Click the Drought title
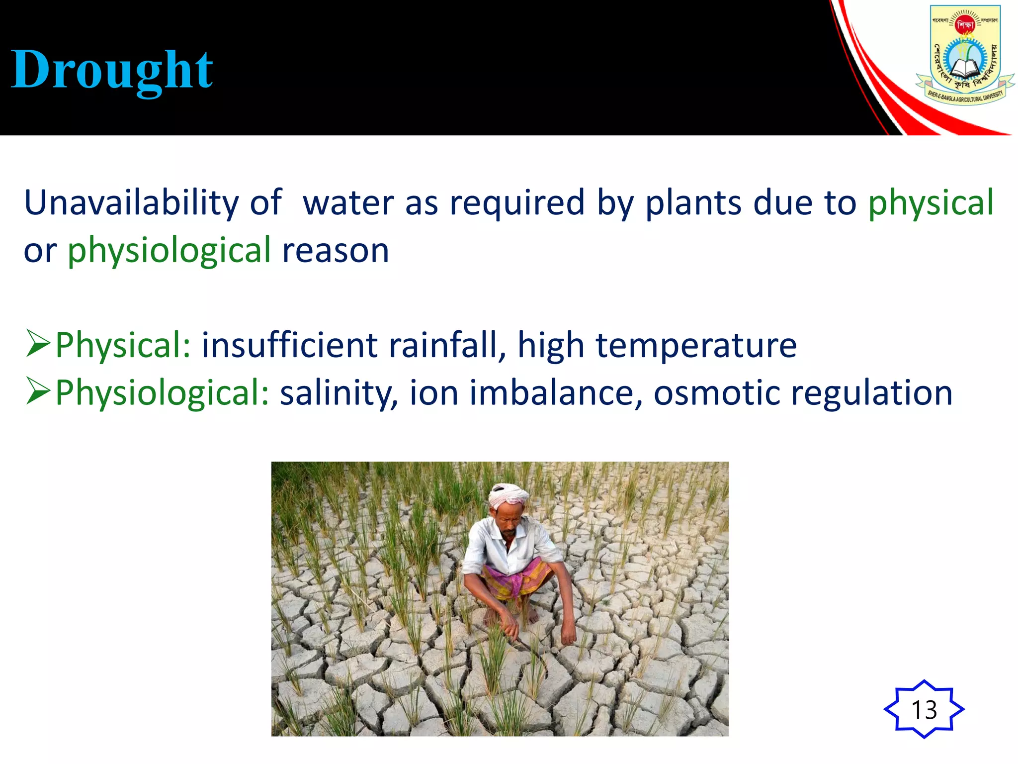click(112, 71)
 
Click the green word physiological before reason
click(170, 251)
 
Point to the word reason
click(336, 251)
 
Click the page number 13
click(924, 709)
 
